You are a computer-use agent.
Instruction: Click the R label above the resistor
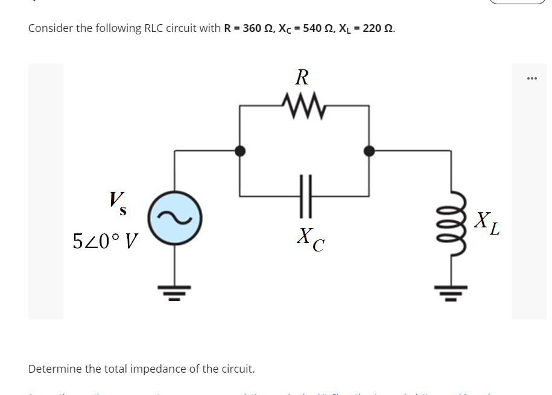[302, 77]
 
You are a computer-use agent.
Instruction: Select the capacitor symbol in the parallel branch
[305, 195]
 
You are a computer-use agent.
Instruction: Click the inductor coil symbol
[452, 221]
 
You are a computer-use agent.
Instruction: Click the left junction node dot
[240, 151]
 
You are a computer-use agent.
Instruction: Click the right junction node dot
[369, 151]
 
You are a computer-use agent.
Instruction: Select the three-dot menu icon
[531, 78]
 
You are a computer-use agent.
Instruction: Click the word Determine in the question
[53, 368]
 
